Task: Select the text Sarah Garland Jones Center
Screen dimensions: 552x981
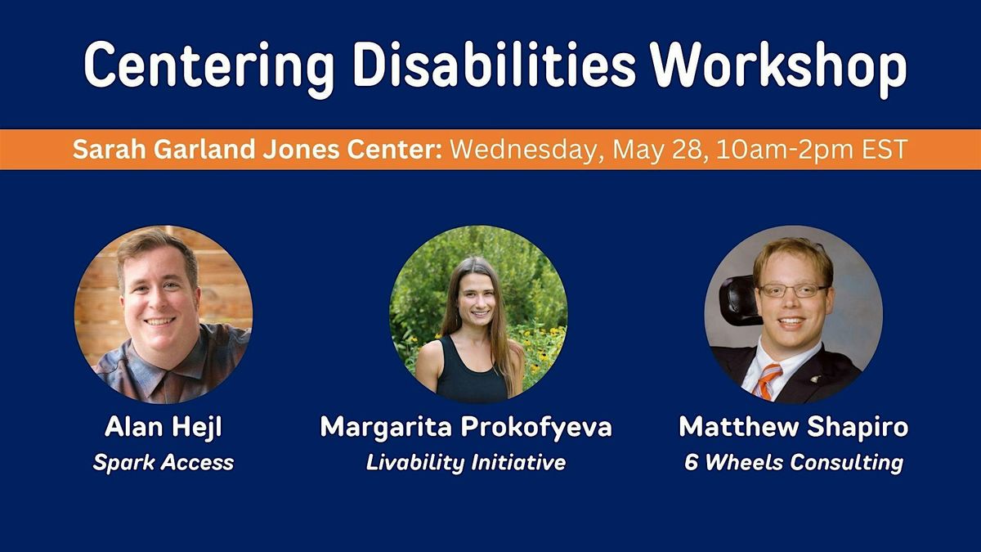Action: pyautogui.click(x=258, y=150)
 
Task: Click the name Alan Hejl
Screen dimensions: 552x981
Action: pyautogui.click(x=163, y=427)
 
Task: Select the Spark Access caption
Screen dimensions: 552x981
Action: pyautogui.click(x=163, y=463)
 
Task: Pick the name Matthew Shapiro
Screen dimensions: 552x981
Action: pyautogui.click(x=794, y=427)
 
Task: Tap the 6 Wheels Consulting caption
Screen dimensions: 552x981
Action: pyautogui.click(x=794, y=463)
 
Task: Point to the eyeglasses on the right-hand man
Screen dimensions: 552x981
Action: pyautogui.click(x=792, y=290)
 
